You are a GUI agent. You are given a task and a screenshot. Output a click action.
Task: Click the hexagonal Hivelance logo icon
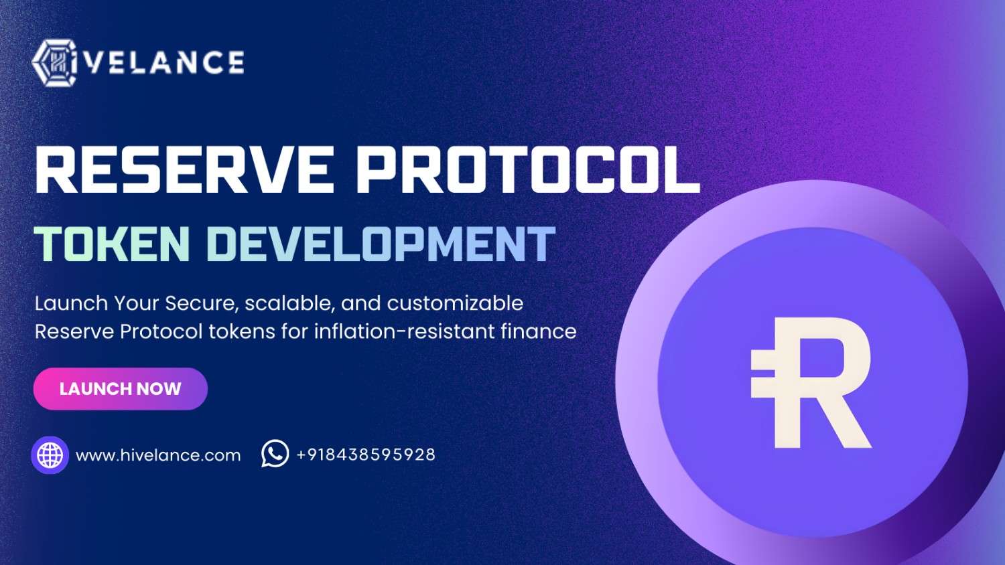(x=55, y=63)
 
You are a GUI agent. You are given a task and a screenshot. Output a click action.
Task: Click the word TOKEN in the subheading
(x=113, y=244)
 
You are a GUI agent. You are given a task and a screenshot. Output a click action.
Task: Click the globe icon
(x=50, y=455)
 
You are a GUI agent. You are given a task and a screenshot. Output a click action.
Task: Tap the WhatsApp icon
(x=275, y=454)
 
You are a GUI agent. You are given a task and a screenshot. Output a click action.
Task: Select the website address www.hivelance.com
(x=158, y=456)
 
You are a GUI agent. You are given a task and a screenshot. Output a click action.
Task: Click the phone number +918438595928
(x=366, y=455)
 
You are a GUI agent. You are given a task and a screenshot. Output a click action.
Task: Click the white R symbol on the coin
(x=821, y=383)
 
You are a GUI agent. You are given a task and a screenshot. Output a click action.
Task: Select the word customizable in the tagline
(x=455, y=303)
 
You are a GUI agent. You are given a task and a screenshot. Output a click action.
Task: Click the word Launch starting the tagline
(x=71, y=303)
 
